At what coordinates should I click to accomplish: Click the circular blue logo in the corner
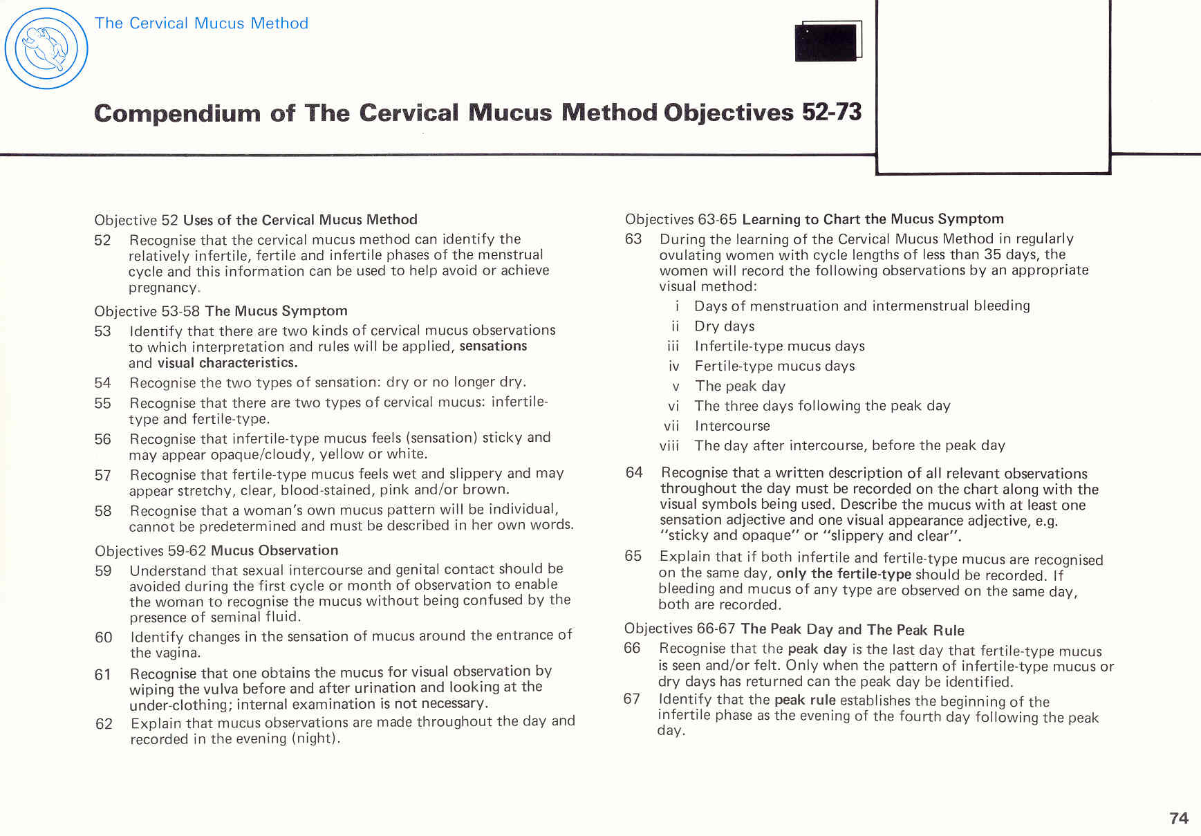(46, 48)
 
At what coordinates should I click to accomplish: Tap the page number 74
(1178, 818)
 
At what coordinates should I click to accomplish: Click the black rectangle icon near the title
(828, 41)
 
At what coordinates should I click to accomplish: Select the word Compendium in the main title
(177, 113)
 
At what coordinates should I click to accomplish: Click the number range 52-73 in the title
(832, 112)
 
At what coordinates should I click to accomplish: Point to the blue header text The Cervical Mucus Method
(201, 23)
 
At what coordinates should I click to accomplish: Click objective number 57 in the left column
(103, 475)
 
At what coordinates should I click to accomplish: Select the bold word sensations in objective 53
(493, 346)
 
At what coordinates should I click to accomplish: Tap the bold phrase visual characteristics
(227, 363)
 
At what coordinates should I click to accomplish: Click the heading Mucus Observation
(274, 550)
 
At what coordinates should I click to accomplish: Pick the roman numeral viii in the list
(669, 446)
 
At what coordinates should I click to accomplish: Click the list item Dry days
(724, 326)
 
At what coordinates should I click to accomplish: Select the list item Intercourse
(732, 426)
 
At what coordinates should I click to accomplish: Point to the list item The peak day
(740, 386)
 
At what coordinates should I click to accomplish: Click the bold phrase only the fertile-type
(844, 574)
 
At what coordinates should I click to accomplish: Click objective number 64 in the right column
(634, 473)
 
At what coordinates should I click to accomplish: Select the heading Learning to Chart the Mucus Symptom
(873, 219)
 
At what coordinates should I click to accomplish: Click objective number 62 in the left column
(104, 724)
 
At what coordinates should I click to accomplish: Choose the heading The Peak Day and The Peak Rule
(852, 629)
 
